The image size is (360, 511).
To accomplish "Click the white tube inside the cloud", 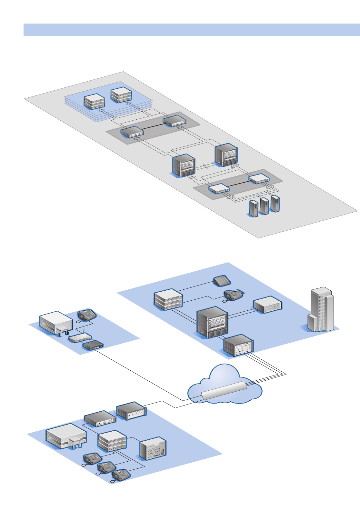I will pyautogui.click(x=225, y=390).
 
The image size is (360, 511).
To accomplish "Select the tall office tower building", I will pyautogui.click(x=321, y=310).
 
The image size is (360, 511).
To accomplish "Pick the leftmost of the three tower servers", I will pyautogui.click(x=254, y=208).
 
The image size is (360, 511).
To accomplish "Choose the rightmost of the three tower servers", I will pyautogui.click(x=275, y=204).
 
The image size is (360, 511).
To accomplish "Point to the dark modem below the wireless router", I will pyautogui.click(x=93, y=345).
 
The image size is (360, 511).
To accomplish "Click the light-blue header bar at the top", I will pyautogui.click(x=192, y=30).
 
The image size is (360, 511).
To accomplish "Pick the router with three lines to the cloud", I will pyautogui.click(x=239, y=346).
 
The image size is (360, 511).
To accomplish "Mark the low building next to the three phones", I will pyautogui.click(x=66, y=436).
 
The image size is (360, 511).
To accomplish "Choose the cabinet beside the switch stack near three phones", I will pyautogui.click(x=153, y=448).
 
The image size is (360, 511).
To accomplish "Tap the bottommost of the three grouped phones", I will pyautogui.click(x=121, y=476).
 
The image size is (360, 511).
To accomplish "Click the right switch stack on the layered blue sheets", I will pyautogui.click(x=121, y=95).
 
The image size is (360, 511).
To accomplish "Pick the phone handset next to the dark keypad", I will pyautogui.click(x=233, y=295).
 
